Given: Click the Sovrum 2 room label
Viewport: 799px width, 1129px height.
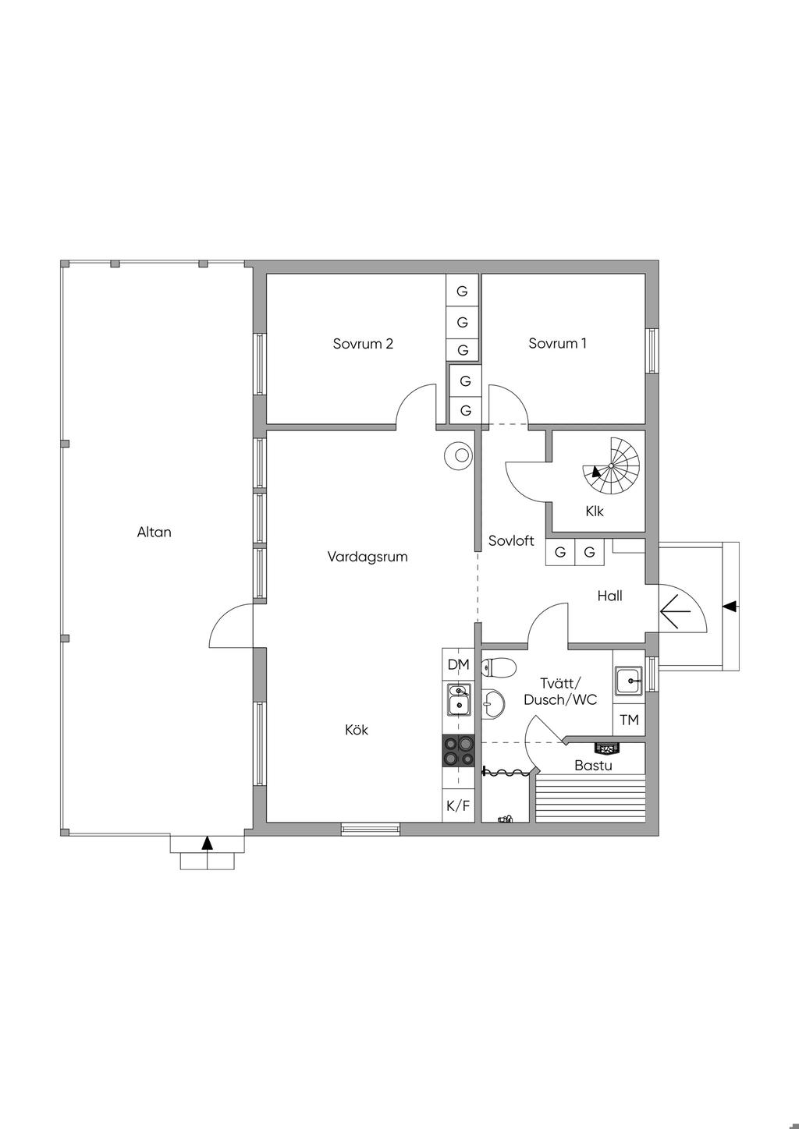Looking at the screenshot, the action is (x=363, y=344).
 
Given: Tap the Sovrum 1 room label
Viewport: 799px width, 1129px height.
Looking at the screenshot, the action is (x=557, y=343).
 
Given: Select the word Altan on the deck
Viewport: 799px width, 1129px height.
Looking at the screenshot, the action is (x=154, y=532).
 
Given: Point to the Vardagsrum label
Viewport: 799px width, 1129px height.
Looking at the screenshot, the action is (x=368, y=557).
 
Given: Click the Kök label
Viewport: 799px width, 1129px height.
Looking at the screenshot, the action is (x=357, y=729).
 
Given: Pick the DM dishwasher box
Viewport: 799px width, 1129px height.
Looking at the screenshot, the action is (x=459, y=665).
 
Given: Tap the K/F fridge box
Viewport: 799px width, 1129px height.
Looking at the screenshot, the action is (x=459, y=805).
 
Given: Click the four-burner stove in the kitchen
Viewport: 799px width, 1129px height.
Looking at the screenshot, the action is (x=459, y=751).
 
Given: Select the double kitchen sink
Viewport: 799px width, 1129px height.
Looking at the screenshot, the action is (x=459, y=699).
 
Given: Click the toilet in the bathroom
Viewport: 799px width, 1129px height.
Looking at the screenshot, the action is (x=499, y=668).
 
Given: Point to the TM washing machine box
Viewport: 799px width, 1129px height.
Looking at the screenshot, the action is (x=629, y=720).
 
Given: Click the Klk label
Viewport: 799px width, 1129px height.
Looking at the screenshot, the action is (x=595, y=511).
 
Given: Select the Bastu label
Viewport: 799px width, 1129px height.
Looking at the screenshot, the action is (x=593, y=766).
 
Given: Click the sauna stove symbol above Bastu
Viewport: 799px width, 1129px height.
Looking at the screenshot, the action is (x=605, y=749).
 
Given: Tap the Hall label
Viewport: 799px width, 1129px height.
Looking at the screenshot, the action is (x=610, y=596).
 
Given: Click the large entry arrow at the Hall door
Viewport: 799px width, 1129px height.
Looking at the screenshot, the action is (x=676, y=611).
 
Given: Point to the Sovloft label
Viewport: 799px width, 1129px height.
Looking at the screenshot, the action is (x=511, y=541).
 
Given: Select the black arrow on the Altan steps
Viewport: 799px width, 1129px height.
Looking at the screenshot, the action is (x=207, y=842).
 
